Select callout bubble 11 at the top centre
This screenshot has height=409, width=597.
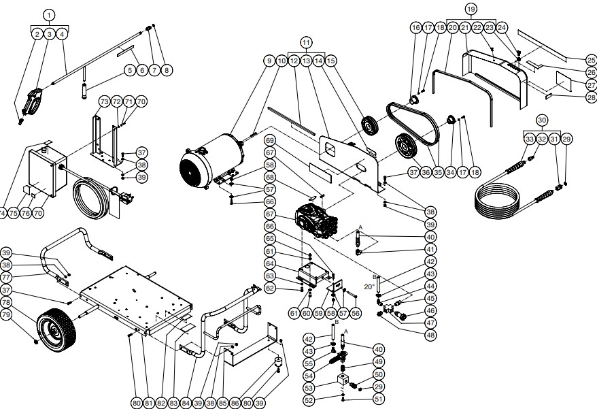pyautogui.click(x=307, y=42)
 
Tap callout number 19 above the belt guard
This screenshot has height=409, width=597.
pyautogui.click(x=470, y=9)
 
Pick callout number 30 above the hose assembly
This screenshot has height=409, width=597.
pyautogui.click(x=542, y=120)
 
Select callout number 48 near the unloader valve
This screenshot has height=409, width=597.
pyautogui.click(x=430, y=334)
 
